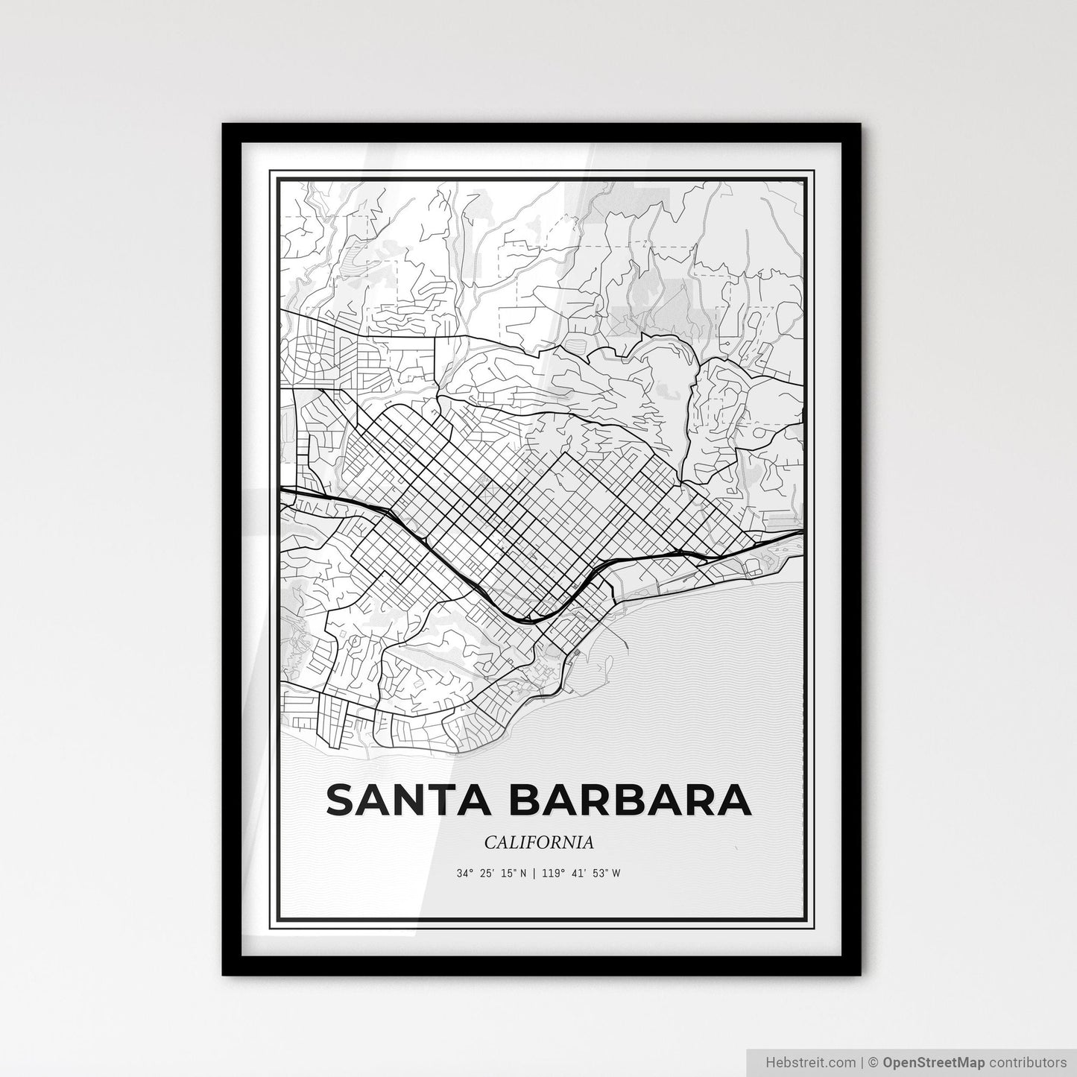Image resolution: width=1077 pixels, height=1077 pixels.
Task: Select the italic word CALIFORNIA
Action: [x=539, y=842]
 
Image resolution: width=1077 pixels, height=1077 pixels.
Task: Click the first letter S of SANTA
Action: [x=338, y=799]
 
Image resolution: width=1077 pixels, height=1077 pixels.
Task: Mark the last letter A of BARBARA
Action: [x=734, y=799]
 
